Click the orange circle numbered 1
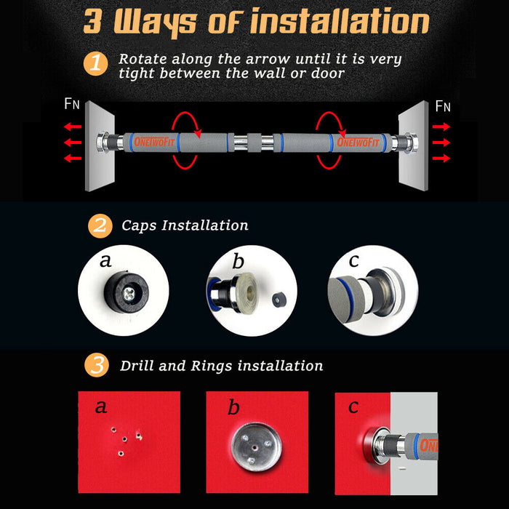96,64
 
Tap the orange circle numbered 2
100,226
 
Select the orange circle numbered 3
97,365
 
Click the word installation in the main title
340,21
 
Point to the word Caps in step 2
139,225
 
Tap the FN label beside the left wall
72,104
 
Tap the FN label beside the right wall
443,106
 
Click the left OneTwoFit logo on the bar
154,142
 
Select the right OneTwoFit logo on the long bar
358,142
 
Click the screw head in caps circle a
129,294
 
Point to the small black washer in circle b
278,300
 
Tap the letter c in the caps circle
353,260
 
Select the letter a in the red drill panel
101,406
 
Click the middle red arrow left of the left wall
73,143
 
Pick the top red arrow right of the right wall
441,127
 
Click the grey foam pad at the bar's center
254,143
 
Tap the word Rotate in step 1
143,59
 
